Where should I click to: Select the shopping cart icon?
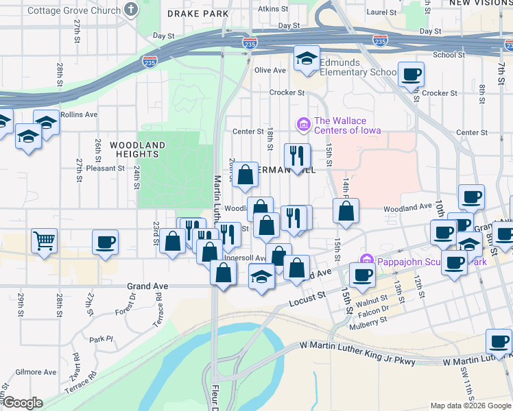point(44,240)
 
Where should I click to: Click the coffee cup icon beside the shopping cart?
point(105,242)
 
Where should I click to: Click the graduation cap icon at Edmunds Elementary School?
point(307,58)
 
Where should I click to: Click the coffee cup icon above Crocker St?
point(411,74)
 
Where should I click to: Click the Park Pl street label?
point(100,338)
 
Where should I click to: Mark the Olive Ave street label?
point(270,71)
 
